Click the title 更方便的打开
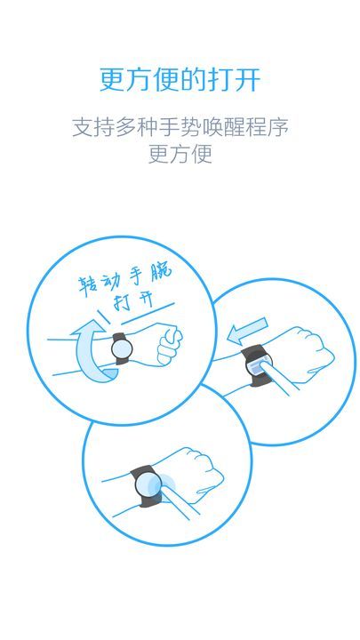[x=180, y=79]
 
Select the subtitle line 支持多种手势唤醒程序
[x=180, y=126]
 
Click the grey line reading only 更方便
[x=180, y=154]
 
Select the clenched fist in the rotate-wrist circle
[x=168, y=346]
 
